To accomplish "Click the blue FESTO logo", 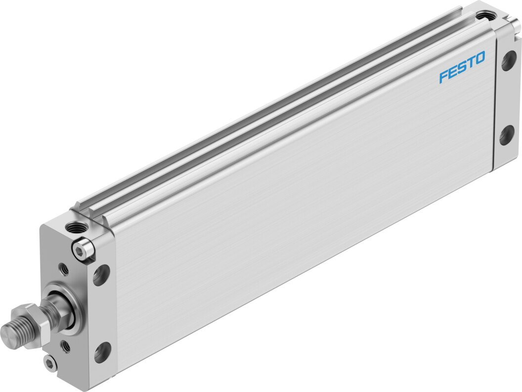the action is (462, 67).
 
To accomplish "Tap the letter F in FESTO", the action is (443, 77).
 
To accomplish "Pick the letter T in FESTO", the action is (471, 62).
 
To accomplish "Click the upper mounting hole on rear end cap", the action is (508, 61).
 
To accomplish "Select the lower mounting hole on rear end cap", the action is (507, 135).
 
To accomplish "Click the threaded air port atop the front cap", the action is (75, 228).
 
